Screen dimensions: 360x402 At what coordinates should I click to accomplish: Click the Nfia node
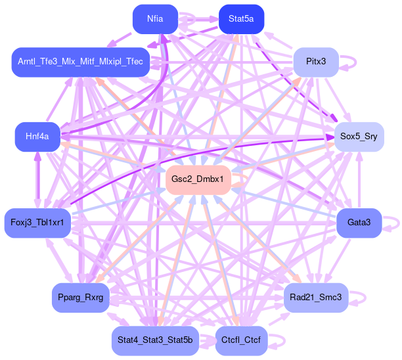156,19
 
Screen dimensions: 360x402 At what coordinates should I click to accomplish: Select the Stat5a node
241,19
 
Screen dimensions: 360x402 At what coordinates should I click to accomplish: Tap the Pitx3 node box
316,62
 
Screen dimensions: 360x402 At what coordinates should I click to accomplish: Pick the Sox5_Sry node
358,137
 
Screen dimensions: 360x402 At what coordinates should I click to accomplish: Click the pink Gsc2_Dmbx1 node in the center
198,179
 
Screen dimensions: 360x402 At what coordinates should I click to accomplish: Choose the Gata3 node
359,223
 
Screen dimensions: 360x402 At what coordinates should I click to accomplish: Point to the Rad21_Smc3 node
316,298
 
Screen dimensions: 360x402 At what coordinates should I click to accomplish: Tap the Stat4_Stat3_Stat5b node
155,340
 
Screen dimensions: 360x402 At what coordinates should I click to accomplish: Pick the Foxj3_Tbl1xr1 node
37,223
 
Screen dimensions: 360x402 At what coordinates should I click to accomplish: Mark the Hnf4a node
37,137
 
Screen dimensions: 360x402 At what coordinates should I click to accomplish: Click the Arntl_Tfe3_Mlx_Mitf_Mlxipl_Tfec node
81,62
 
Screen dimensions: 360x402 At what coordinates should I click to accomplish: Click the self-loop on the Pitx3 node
353,62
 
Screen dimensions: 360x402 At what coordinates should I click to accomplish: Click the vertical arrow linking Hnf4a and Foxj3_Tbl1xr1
37,179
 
